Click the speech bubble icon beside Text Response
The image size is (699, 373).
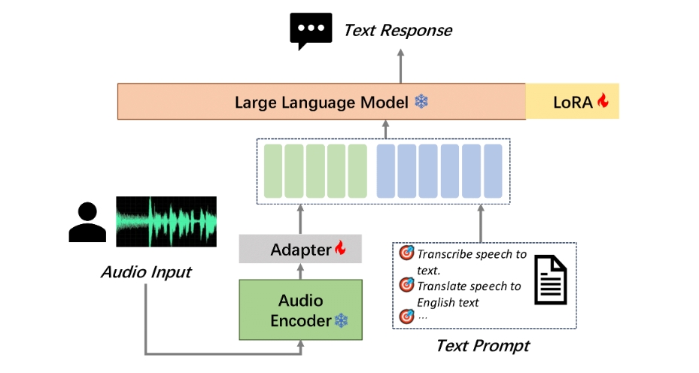pyautogui.click(x=310, y=31)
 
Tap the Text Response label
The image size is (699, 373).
pyautogui.click(x=397, y=31)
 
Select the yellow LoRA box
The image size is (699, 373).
pyautogui.click(x=572, y=102)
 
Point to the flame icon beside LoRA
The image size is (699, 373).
pyautogui.click(x=603, y=101)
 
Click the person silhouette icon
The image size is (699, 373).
pyautogui.click(x=87, y=223)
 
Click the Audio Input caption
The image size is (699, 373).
pyautogui.click(x=146, y=271)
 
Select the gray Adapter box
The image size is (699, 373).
pyautogui.click(x=300, y=249)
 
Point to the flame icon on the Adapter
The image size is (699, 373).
pyautogui.click(x=340, y=247)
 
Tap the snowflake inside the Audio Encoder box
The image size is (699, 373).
pyautogui.click(x=342, y=321)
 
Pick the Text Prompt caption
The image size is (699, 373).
pyautogui.click(x=482, y=346)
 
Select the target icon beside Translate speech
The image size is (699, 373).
pyautogui.click(x=407, y=285)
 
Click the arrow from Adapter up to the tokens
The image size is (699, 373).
pyautogui.click(x=300, y=219)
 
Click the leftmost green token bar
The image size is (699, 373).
pyautogui.click(x=272, y=171)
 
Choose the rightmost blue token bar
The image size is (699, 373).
pyautogui.click(x=493, y=171)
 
